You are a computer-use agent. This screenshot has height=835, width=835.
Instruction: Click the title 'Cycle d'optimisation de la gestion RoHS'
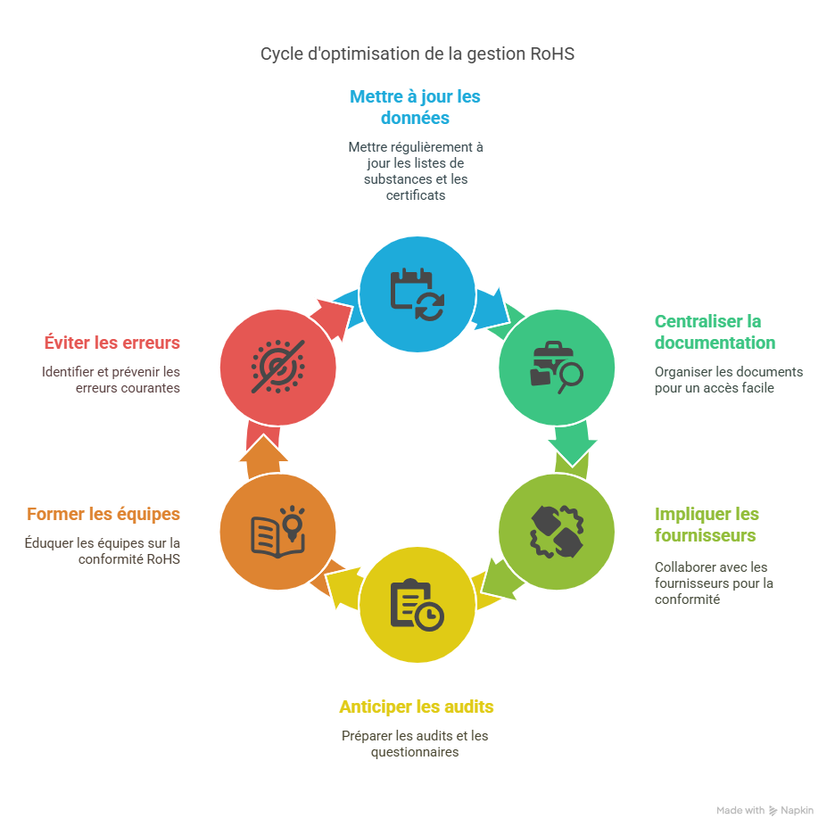pyautogui.click(x=417, y=54)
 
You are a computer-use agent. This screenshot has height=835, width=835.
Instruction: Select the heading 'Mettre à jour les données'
pyautogui.click(x=415, y=107)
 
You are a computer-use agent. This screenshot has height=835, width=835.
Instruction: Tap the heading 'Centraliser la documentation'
pyautogui.click(x=715, y=332)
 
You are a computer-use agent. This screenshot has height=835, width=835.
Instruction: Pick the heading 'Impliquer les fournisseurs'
pyautogui.click(x=707, y=525)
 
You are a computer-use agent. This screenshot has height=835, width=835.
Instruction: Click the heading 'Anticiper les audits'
pyautogui.click(x=416, y=707)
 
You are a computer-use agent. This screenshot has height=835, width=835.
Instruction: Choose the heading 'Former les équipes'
pyautogui.click(x=103, y=515)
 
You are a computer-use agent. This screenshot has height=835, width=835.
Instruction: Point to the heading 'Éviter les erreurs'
pyautogui.click(x=112, y=343)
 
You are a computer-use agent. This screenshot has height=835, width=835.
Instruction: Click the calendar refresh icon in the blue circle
pyautogui.click(x=417, y=293)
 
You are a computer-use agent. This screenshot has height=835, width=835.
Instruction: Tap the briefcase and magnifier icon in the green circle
pyautogui.click(x=556, y=367)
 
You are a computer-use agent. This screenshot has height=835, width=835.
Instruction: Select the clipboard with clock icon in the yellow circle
pyautogui.click(x=417, y=604)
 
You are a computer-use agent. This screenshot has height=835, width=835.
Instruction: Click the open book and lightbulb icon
pyautogui.click(x=277, y=532)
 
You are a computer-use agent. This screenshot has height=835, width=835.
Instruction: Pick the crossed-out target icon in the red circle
pyautogui.click(x=277, y=367)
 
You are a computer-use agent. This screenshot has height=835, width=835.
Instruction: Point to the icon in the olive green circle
pyautogui.click(x=556, y=532)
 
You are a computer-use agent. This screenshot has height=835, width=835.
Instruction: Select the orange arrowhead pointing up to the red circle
pyautogui.click(x=263, y=451)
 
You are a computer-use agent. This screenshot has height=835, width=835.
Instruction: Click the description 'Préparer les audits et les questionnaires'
pyautogui.click(x=415, y=744)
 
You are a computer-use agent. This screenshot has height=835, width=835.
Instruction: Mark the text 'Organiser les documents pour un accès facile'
pyautogui.click(x=728, y=380)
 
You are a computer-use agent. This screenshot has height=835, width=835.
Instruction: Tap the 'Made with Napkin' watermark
pyautogui.click(x=765, y=811)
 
